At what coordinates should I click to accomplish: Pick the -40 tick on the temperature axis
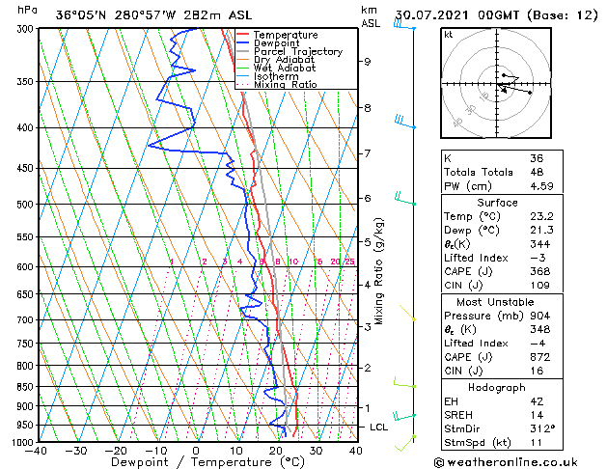(x=36, y=450)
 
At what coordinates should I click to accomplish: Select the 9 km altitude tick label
(x=368, y=62)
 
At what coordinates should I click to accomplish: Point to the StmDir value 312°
(x=542, y=428)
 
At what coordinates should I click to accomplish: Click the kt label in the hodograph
(x=449, y=34)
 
